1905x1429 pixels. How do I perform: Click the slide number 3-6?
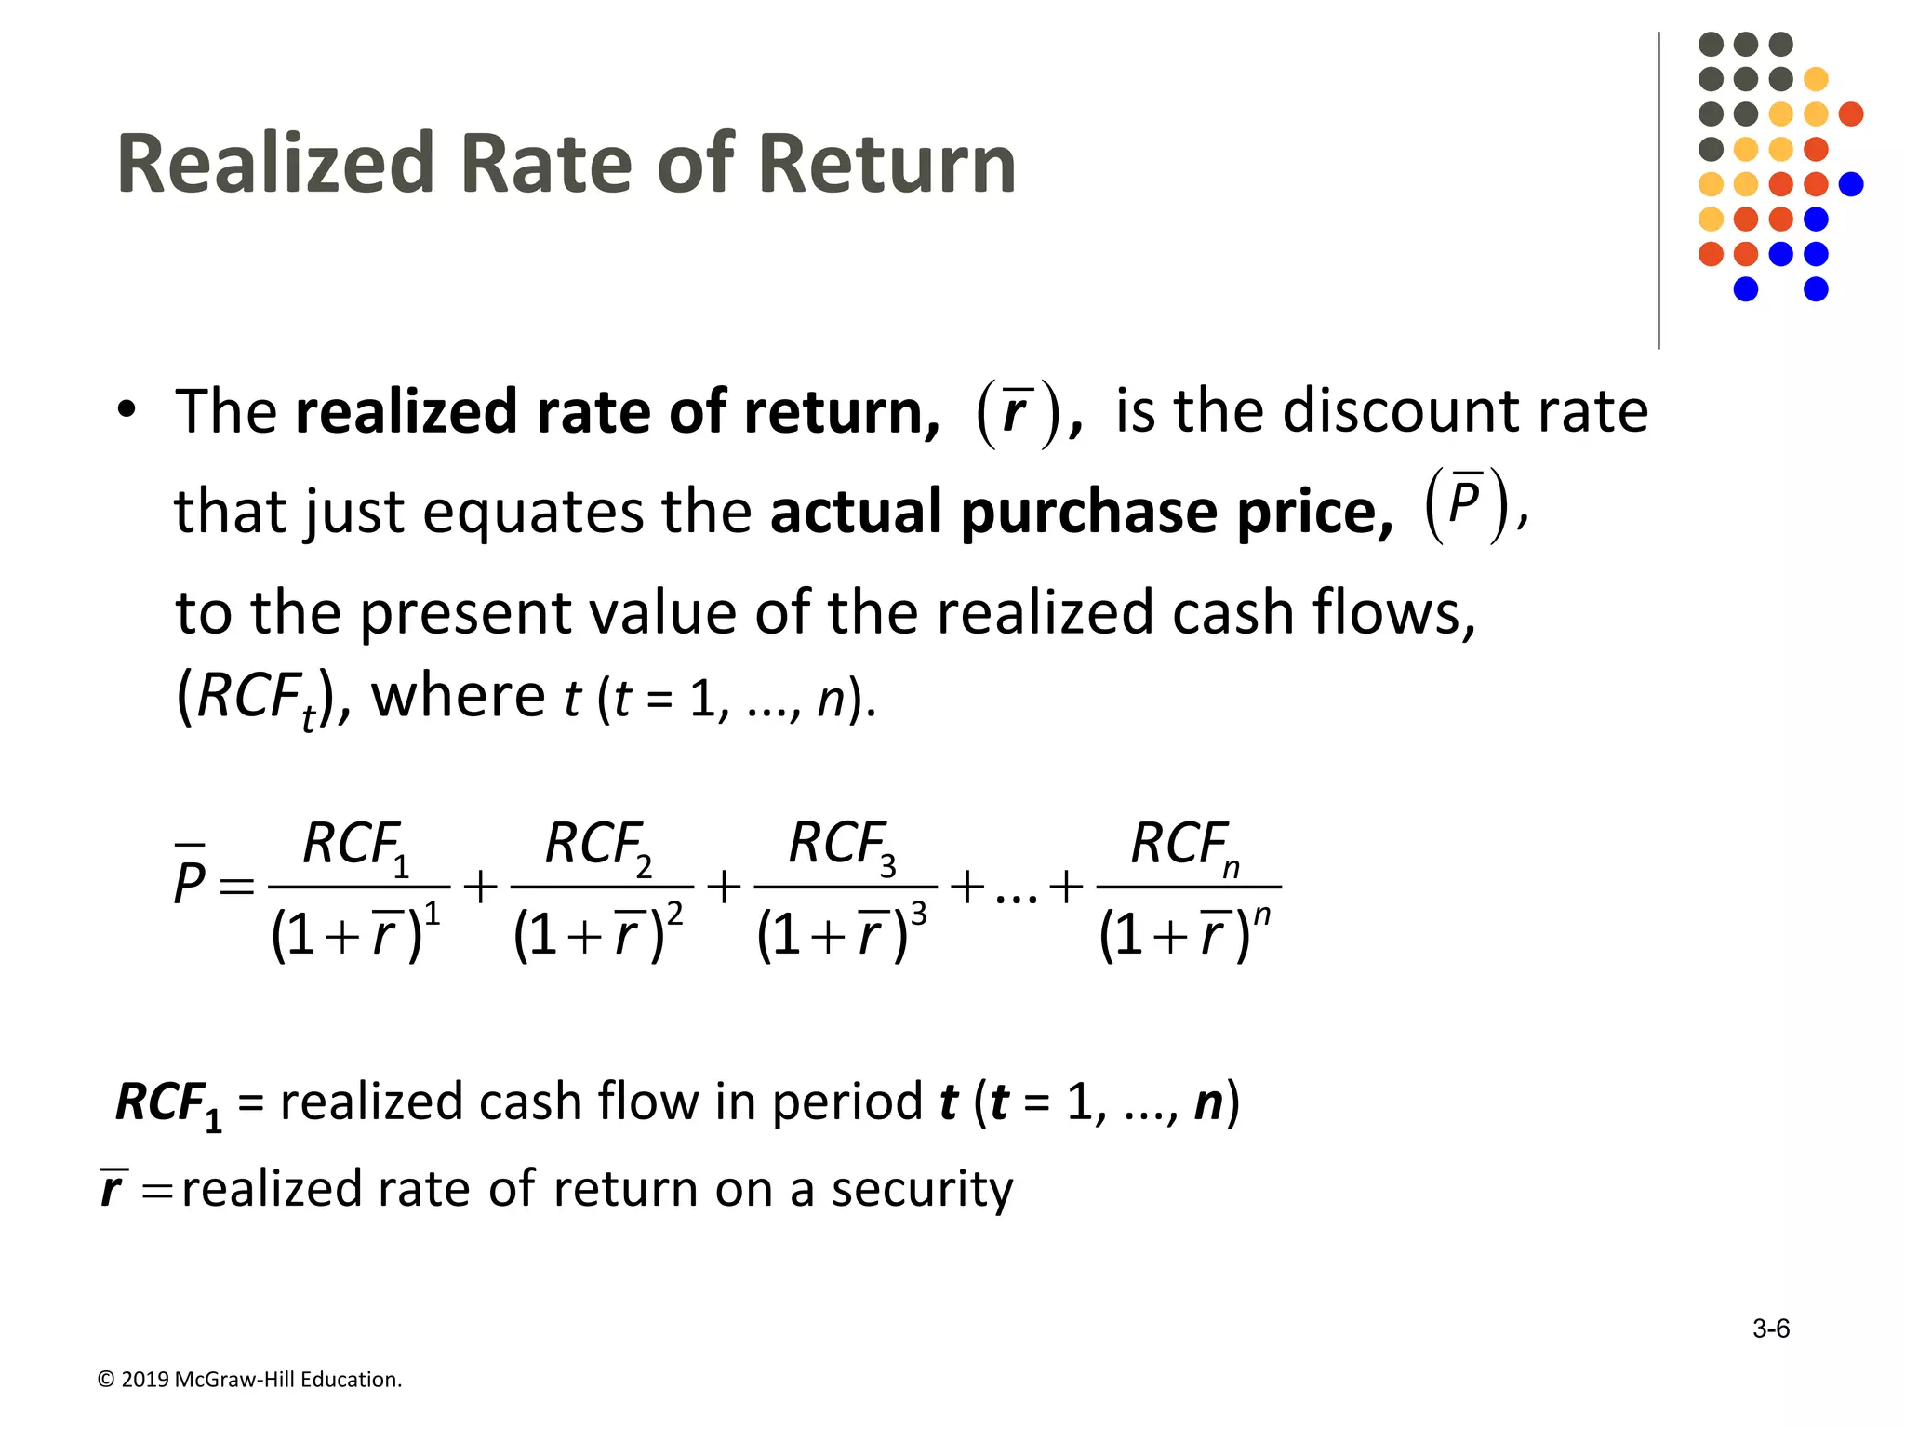[x=1770, y=1329]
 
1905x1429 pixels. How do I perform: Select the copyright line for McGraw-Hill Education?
[x=249, y=1380]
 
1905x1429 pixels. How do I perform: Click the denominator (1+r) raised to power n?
[x=1183, y=933]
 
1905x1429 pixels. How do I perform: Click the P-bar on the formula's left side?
[x=189, y=879]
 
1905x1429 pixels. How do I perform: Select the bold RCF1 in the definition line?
[x=168, y=1104]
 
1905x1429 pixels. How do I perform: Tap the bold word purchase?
[x=1088, y=512]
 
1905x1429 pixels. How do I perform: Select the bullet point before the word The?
[x=127, y=410]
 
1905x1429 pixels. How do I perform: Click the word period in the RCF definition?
[x=846, y=1102]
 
